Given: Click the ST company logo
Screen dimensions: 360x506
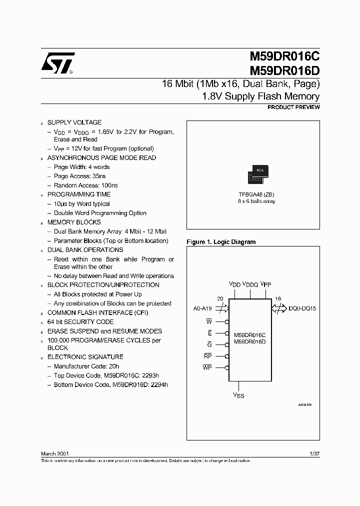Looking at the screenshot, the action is tap(58, 63).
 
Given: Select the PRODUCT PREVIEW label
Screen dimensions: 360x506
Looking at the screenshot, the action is tap(293, 107).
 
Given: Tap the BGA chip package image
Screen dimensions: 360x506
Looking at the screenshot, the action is tap(258, 174).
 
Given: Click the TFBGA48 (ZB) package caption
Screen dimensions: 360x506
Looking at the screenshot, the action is tap(256, 194).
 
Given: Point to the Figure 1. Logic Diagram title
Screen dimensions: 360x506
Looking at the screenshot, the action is tap(221, 242).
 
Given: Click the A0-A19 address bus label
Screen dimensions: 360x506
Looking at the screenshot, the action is tap(205, 308).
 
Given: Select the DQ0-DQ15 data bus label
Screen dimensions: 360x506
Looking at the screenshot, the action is tap(302, 308).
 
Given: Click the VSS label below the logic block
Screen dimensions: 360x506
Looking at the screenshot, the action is tap(238, 395).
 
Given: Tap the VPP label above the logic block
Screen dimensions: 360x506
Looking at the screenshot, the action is tap(266, 284).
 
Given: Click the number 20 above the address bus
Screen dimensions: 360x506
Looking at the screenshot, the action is tap(220, 298).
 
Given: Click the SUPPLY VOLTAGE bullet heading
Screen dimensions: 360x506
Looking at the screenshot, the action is tap(74, 122).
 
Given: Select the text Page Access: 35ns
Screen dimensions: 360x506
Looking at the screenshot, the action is tap(79, 176).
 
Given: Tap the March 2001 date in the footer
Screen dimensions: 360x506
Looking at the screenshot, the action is tap(55, 453).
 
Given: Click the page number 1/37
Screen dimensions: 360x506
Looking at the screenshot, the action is tap(314, 453).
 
